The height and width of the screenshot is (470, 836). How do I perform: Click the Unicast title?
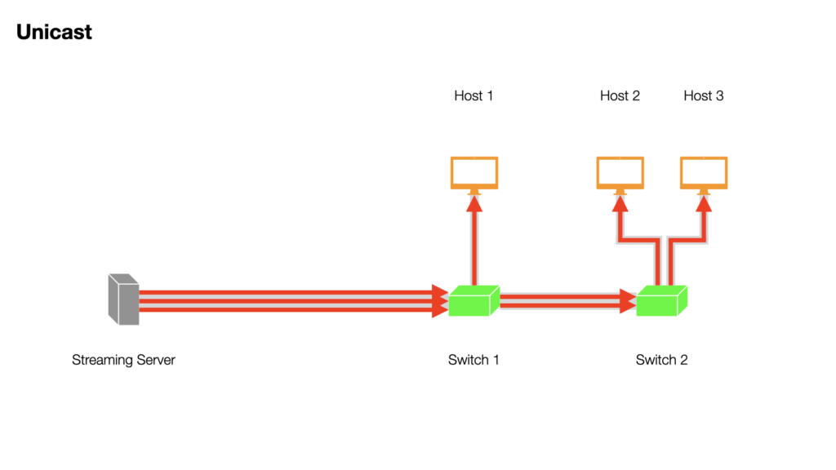54,32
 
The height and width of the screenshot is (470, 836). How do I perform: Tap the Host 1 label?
474,96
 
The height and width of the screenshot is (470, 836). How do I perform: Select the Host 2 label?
620,96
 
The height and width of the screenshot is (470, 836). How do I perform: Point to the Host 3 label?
703,96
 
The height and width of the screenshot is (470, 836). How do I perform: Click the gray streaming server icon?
124,299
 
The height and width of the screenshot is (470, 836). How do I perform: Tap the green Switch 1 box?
474,300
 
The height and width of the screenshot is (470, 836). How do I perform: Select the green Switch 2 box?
661,300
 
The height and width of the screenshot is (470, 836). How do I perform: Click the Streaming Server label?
124,360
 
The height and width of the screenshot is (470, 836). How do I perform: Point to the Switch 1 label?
474,360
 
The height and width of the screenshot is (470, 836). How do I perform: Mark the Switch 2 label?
661,360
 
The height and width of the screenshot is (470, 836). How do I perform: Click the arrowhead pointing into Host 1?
474,204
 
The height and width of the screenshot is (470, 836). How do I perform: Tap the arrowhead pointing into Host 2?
620,204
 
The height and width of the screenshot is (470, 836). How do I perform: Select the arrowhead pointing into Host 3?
704,204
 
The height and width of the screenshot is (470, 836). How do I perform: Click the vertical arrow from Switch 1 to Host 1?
474,241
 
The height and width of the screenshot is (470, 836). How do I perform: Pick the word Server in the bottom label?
156,360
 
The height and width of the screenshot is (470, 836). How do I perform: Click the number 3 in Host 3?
719,96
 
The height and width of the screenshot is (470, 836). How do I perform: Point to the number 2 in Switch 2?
683,360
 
